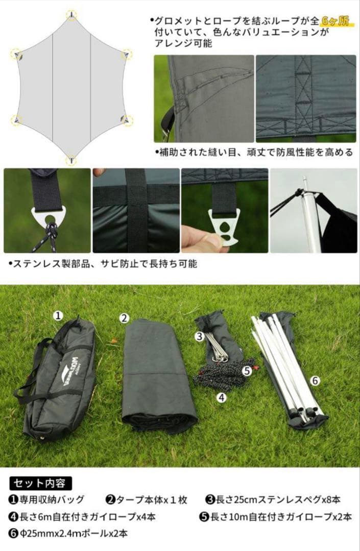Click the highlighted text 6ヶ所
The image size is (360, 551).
(335, 21)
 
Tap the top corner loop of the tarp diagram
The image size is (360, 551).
(71, 15)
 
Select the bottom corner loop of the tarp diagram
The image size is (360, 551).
(71, 160)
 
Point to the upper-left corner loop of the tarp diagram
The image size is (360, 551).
(16, 55)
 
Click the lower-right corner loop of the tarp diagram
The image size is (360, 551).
(127, 120)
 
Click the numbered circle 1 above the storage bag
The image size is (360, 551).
(58, 315)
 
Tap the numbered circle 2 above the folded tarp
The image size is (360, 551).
(124, 318)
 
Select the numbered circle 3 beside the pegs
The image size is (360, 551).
(200, 336)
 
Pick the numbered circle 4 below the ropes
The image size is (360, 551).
(221, 397)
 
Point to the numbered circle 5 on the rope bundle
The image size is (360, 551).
(247, 370)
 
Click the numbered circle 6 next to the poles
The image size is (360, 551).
(315, 380)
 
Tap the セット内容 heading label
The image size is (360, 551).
(40, 484)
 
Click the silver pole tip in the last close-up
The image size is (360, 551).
(305, 182)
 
